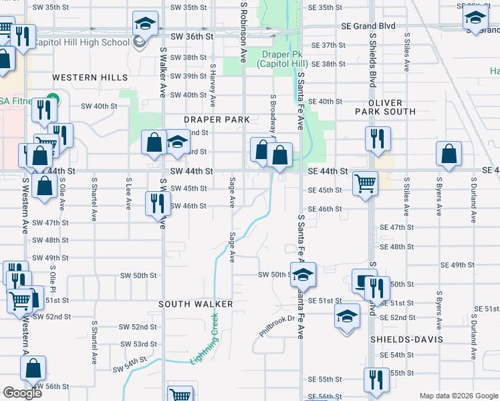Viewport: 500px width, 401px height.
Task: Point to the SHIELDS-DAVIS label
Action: point(406,340)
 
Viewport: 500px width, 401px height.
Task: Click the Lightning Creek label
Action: point(205,348)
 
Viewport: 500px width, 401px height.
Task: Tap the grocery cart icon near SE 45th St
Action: point(365,182)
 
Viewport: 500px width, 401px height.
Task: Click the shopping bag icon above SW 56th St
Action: point(33,368)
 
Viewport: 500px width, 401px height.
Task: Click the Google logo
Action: point(22,393)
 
